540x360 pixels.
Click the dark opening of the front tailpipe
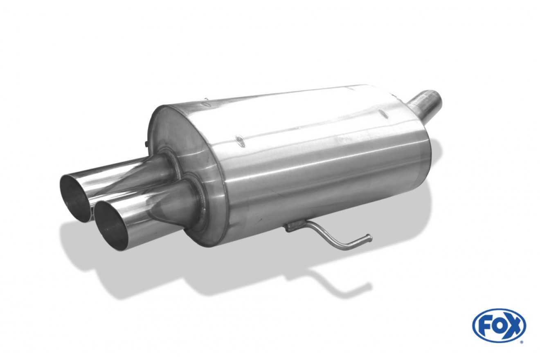pos(110,223)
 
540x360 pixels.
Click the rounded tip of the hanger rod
pos(369,238)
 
